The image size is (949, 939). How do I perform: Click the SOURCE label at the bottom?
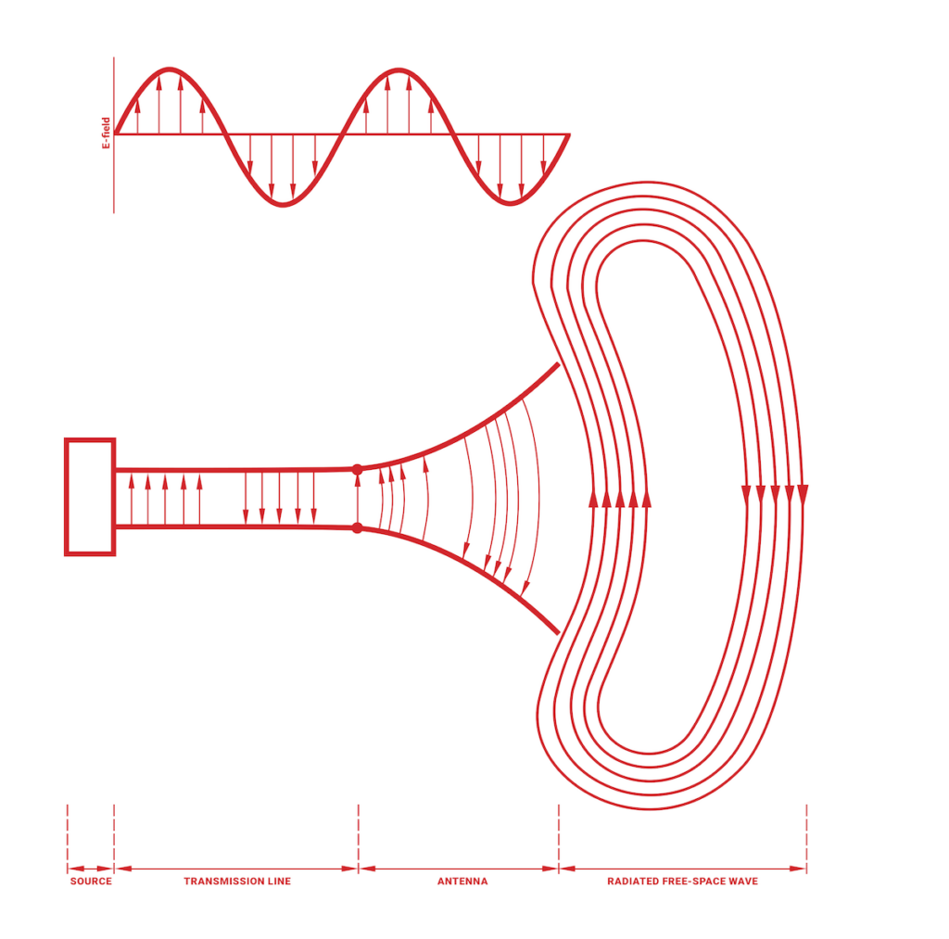click(x=91, y=881)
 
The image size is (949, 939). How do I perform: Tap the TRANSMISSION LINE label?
click(x=236, y=881)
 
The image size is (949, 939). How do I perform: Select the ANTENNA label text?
click(x=462, y=881)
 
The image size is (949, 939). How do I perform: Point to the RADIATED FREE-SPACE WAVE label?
click(x=682, y=881)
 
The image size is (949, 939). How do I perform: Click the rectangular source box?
click(x=90, y=497)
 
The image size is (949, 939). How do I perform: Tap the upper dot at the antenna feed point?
click(x=358, y=469)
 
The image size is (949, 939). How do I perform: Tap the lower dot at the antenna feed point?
click(x=358, y=528)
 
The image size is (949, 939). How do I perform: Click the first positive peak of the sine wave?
click(x=170, y=70)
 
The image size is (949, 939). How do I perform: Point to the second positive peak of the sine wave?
click(x=399, y=70)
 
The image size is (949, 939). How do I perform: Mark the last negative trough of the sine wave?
click(x=512, y=203)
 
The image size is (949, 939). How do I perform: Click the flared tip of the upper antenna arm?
click(x=556, y=365)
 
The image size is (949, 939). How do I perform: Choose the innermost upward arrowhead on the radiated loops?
click(x=646, y=500)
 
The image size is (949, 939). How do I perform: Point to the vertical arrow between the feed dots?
click(x=358, y=499)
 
